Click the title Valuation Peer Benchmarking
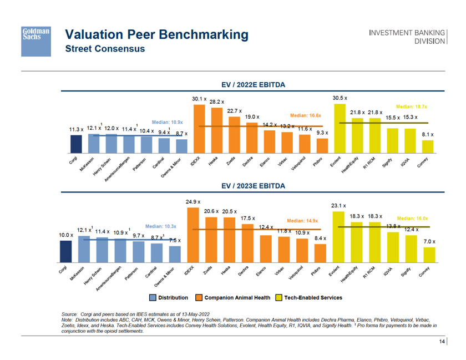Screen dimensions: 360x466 (157, 35)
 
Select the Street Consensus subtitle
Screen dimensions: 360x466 (105, 49)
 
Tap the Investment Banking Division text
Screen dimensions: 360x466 (407, 37)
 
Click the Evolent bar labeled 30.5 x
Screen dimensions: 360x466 (339, 128)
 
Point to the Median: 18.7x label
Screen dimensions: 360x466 (411, 106)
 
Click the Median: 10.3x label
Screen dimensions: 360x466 (160, 226)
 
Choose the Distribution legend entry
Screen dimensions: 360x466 (169, 298)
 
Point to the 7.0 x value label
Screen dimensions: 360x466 (429, 242)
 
